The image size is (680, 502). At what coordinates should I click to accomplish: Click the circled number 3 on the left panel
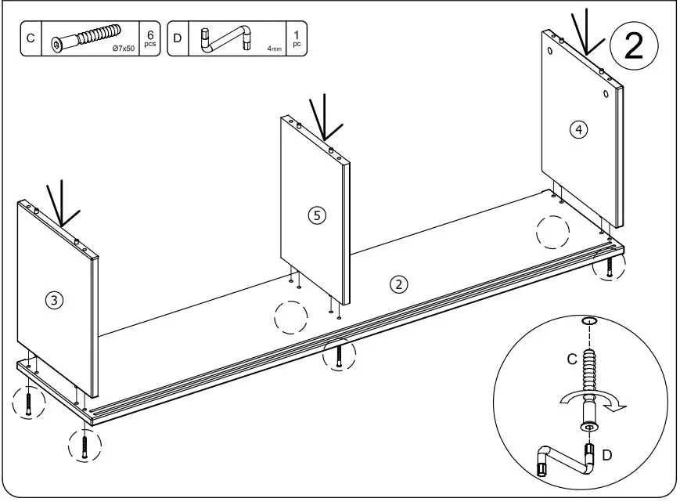pos(53,299)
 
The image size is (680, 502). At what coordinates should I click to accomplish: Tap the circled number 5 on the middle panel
pos(316,215)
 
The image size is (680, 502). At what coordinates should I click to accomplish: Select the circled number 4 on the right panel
pos(578,130)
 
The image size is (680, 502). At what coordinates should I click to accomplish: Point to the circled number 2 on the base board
pos(399,284)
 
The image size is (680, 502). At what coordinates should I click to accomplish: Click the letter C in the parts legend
pos(31,38)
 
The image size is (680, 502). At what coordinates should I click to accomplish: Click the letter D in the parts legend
pos(177,38)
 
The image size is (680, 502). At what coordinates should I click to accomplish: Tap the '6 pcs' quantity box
pos(149,38)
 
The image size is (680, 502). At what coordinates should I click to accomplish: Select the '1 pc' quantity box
pos(297,38)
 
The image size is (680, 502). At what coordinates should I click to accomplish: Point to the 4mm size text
pos(274,49)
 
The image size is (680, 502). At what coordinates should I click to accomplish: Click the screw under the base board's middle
pos(338,356)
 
